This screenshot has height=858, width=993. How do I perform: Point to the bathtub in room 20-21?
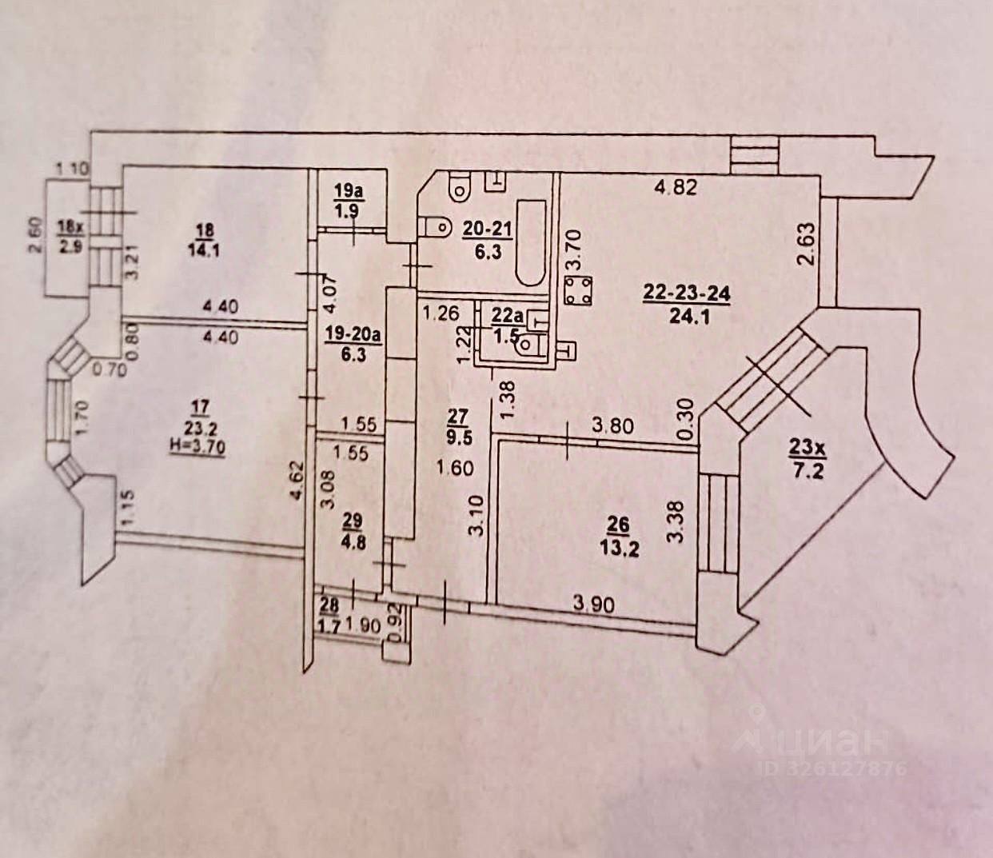(x=530, y=242)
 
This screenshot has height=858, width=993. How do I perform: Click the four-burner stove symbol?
(x=577, y=290)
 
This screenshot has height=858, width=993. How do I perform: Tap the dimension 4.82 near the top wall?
(x=676, y=188)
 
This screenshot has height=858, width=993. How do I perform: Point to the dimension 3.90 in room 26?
(x=593, y=605)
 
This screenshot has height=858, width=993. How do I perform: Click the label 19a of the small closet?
(x=348, y=192)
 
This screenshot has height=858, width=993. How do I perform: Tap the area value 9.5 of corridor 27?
(x=457, y=436)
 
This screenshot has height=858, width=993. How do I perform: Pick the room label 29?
(x=353, y=521)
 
